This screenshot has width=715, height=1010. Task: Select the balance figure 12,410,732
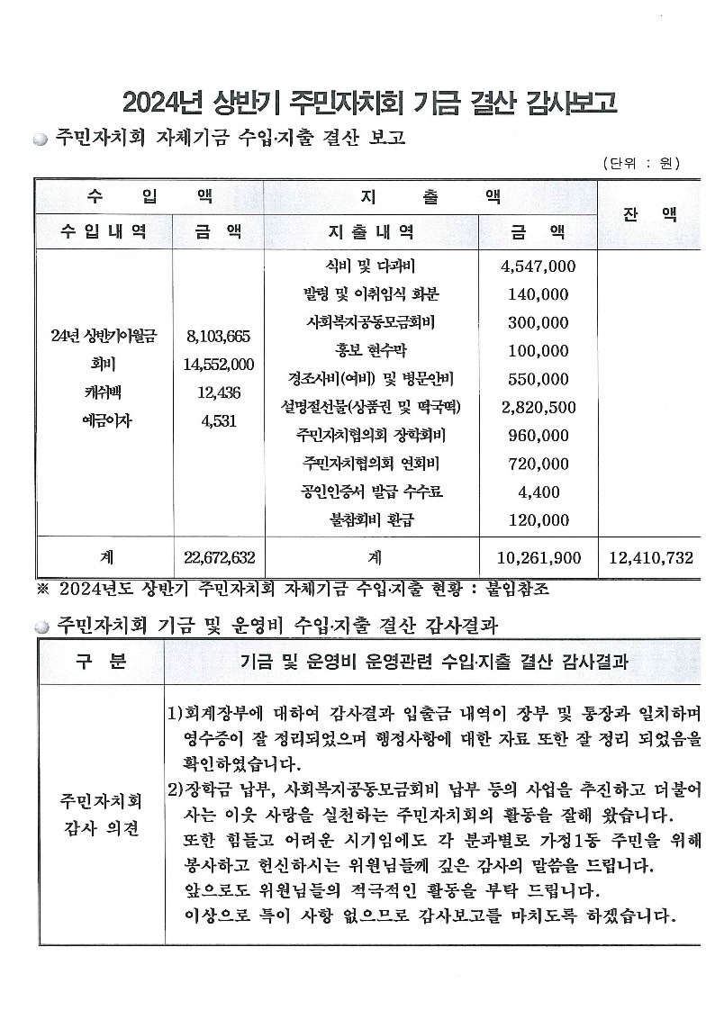coord(651,558)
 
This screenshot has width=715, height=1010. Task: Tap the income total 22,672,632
coord(219,558)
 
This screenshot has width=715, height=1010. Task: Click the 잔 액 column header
coord(650,214)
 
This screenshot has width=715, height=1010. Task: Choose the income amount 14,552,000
coord(219,365)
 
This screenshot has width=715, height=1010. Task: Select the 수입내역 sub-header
coord(104,231)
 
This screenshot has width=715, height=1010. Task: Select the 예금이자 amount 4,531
coord(219,420)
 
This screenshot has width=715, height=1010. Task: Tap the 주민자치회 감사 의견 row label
coord(100,815)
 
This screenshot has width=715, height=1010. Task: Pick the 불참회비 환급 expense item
coord(372,519)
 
